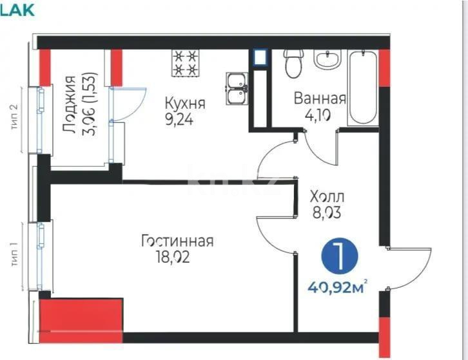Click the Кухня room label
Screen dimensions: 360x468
[184, 104]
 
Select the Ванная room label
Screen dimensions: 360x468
[320, 99]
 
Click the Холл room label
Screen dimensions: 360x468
[327, 196]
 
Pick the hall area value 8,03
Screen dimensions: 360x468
[326, 213]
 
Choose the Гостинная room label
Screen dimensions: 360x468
[177, 242]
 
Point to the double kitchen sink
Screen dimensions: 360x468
[235, 88]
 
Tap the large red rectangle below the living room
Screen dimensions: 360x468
[81, 319]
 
